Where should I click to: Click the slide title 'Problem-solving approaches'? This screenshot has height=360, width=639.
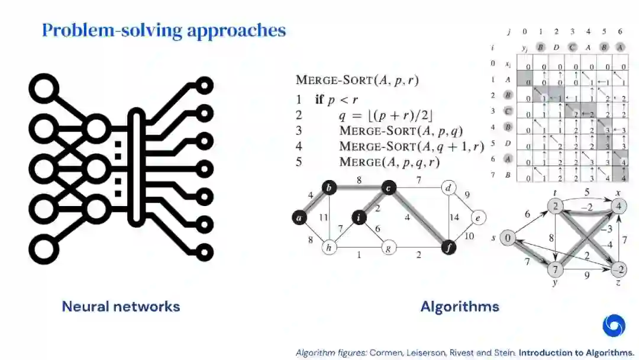164,30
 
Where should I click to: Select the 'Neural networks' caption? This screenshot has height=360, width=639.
121,306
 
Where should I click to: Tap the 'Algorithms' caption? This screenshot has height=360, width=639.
460,306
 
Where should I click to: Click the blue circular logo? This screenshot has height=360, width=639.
614,325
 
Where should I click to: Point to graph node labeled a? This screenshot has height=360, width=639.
300,218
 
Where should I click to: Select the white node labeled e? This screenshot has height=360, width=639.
478,218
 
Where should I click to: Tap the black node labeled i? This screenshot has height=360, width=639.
359,218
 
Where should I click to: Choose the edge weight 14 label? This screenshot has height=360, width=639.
454,217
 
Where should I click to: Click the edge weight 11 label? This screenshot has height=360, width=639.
323,217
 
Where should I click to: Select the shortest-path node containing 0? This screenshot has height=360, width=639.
507,239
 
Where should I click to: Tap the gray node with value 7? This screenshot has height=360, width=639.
556,270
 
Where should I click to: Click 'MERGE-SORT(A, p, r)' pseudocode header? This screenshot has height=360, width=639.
357,81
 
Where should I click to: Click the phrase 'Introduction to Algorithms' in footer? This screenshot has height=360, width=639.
576,352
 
